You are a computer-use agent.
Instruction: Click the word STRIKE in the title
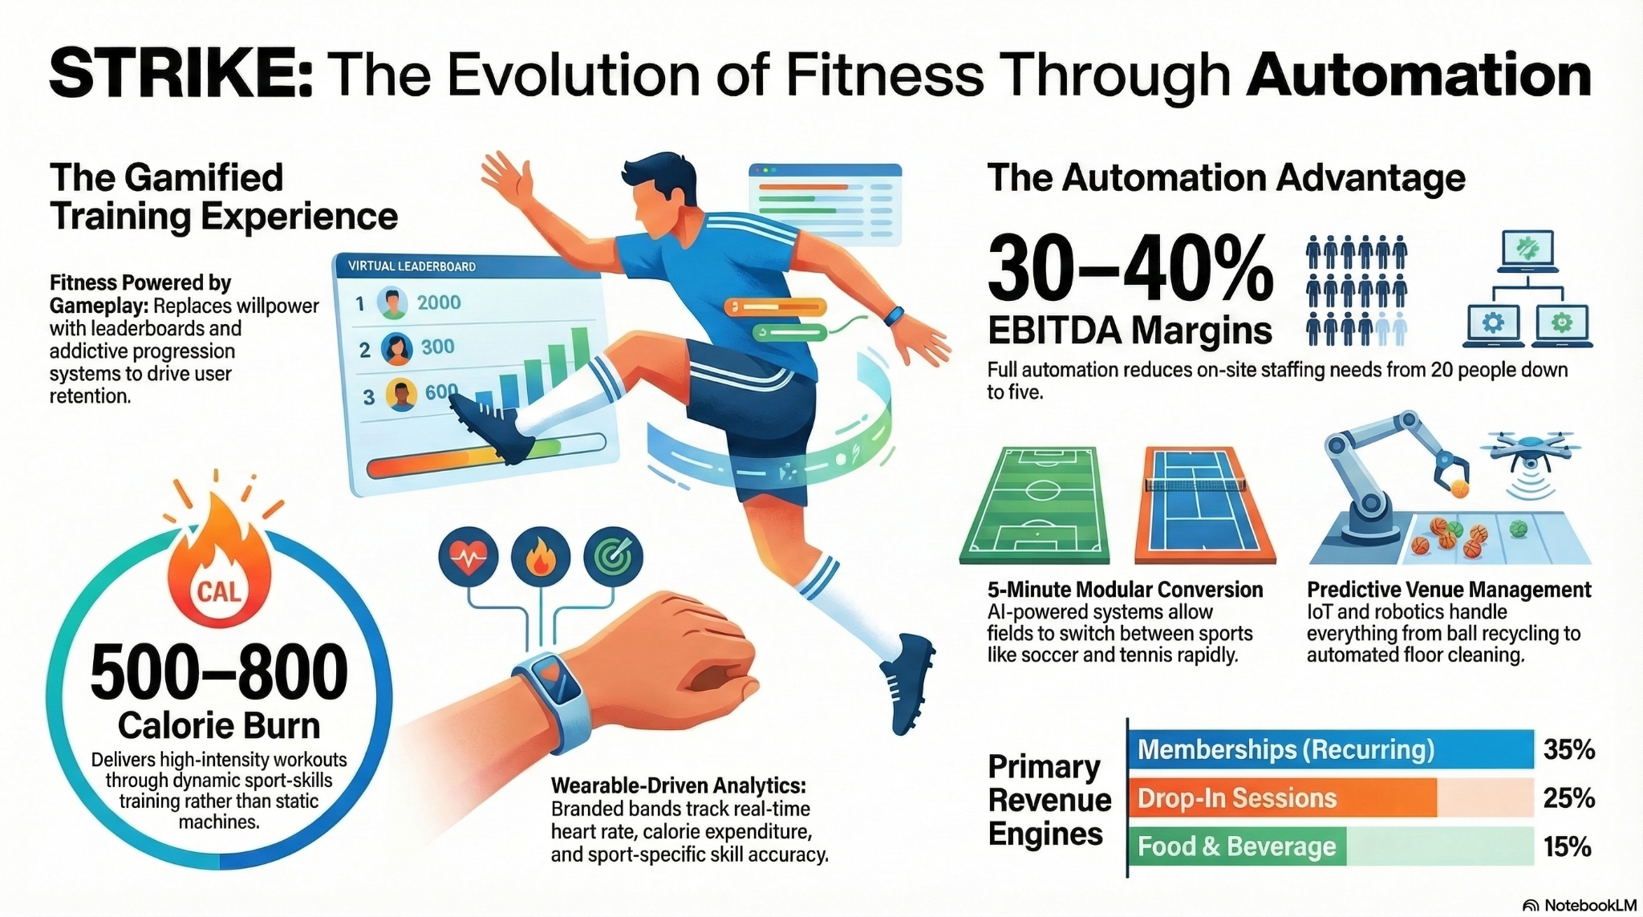click(x=181, y=75)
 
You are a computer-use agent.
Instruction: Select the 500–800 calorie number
click(x=219, y=672)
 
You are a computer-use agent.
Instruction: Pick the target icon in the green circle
click(x=614, y=556)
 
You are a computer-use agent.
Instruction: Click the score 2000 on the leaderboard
click(x=439, y=302)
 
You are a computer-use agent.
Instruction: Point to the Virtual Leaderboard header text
click(x=412, y=266)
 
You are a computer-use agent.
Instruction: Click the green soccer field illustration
click(x=1035, y=505)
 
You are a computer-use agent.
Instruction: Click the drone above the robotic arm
click(x=1531, y=449)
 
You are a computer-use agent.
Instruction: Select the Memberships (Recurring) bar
click(x=1330, y=749)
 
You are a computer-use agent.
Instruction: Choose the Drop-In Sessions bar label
click(x=1237, y=798)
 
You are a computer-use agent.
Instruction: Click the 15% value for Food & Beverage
click(x=1567, y=846)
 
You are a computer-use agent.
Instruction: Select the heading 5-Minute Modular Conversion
click(x=1125, y=590)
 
